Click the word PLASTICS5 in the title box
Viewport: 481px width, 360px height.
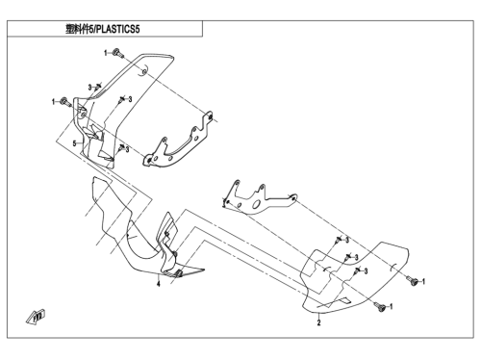point(118,30)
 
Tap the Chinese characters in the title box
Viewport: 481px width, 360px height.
point(77,30)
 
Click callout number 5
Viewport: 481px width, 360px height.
point(74,143)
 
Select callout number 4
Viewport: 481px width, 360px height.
point(158,284)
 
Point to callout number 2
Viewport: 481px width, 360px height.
point(318,322)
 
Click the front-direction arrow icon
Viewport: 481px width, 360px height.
point(36,317)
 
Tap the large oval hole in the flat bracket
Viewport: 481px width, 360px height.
point(256,204)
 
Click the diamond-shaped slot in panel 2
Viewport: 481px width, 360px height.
point(343,300)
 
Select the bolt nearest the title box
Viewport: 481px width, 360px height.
point(117,53)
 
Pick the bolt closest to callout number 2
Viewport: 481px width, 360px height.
point(381,308)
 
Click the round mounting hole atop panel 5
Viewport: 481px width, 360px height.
point(144,71)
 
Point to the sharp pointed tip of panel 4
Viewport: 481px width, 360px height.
point(203,270)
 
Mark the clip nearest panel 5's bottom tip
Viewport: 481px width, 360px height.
point(121,147)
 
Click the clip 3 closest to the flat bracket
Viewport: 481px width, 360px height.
point(338,240)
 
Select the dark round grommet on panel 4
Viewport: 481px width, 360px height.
point(175,254)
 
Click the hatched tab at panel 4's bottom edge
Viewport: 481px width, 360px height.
point(178,273)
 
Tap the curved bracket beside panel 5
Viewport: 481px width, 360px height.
point(178,141)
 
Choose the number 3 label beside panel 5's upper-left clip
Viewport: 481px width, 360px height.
point(90,88)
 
